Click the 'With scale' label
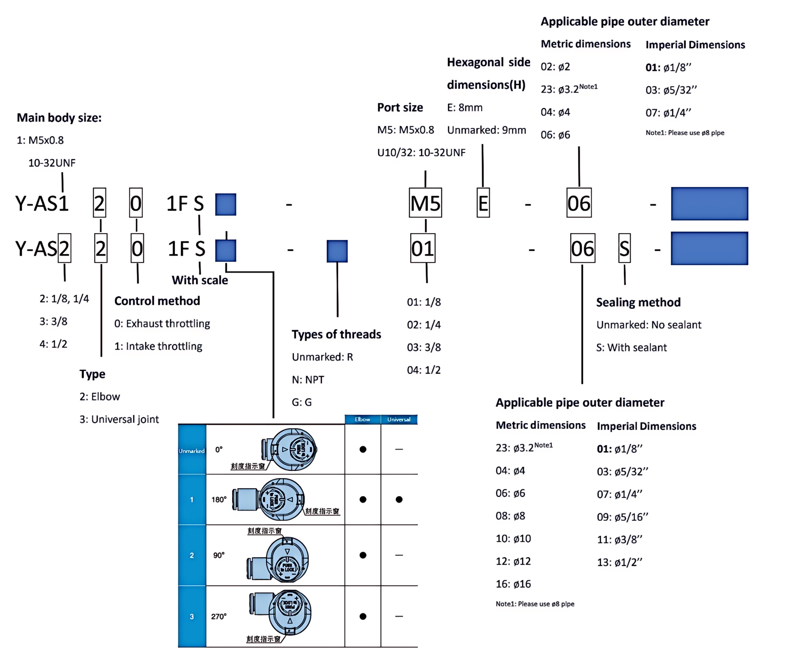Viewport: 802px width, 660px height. click(x=200, y=280)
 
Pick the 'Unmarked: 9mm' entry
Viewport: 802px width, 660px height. click(x=486, y=130)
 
